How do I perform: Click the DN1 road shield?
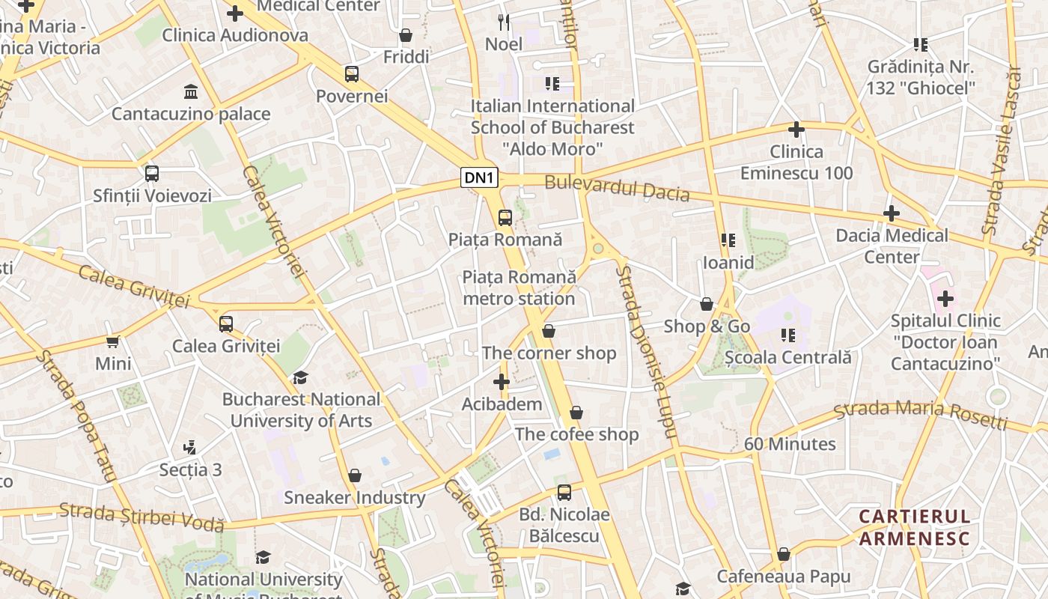pos(479,177)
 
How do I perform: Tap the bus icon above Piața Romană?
pos(505,218)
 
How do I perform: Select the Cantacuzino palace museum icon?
pos(191,92)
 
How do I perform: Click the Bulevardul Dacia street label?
pos(617,188)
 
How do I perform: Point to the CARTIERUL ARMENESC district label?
pos(914,527)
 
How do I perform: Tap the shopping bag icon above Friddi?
pos(406,35)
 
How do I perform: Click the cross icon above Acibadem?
pos(502,383)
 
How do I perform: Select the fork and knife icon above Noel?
pos(504,22)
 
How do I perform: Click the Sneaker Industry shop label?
pos(354,497)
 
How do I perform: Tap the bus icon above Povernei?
pos(352,74)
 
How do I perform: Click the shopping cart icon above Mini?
pos(113,341)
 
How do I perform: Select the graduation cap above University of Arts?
pos(300,377)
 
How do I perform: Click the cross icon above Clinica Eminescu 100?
pos(796,130)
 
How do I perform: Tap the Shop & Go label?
pos(707,326)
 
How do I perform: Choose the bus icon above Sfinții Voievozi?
pos(152,174)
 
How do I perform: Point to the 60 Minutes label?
pos(790,444)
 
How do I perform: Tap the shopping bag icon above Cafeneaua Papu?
pos(784,554)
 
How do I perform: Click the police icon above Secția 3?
pos(190,448)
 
